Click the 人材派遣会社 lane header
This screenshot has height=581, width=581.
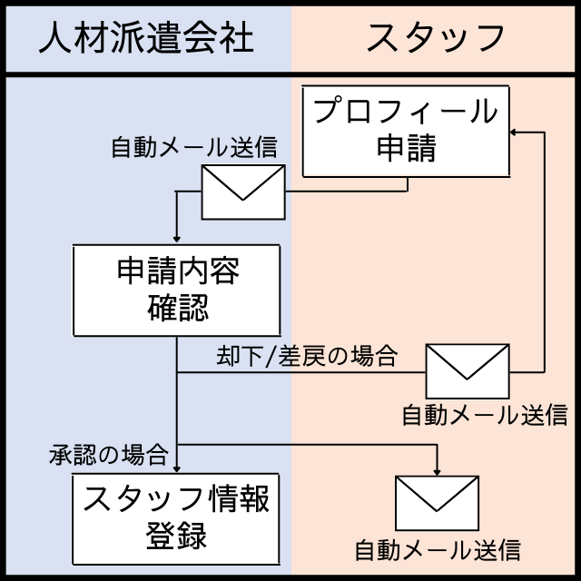[145, 37]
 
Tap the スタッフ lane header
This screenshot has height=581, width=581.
[436, 37]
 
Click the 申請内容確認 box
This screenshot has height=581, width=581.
[176, 290]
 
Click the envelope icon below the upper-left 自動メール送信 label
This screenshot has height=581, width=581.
[242, 192]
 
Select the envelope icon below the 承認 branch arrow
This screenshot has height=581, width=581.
[438, 505]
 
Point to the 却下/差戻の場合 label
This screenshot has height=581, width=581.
[307, 356]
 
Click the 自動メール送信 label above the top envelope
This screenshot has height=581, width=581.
[193, 146]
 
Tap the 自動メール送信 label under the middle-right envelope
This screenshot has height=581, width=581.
[485, 415]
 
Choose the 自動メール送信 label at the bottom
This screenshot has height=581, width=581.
[437, 550]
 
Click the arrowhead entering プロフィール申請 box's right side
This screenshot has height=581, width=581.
[514, 133]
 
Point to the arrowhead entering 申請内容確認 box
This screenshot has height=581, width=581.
[176, 239]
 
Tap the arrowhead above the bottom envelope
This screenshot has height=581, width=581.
[438, 472]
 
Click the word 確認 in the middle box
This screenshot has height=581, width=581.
[177, 308]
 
